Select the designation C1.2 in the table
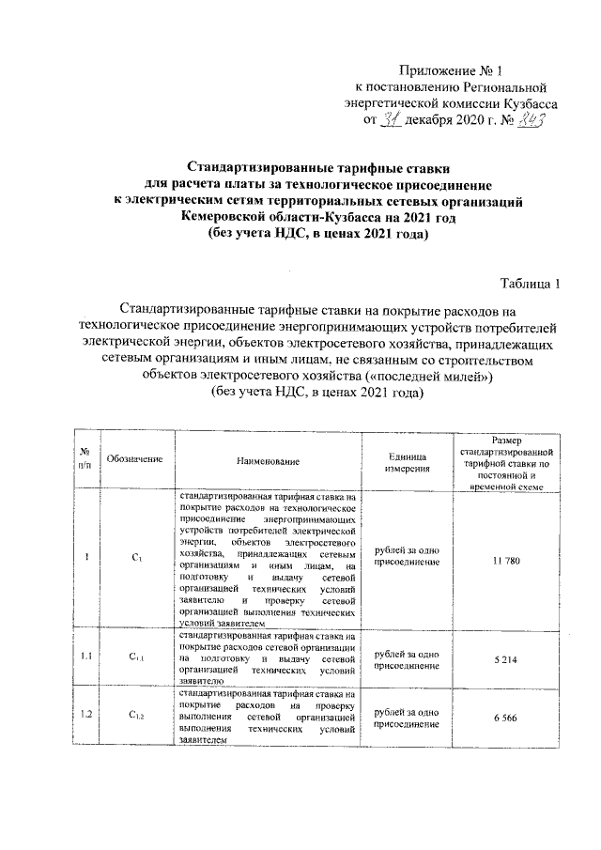tap(135, 717)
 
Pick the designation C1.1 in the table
tap(135, 657)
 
